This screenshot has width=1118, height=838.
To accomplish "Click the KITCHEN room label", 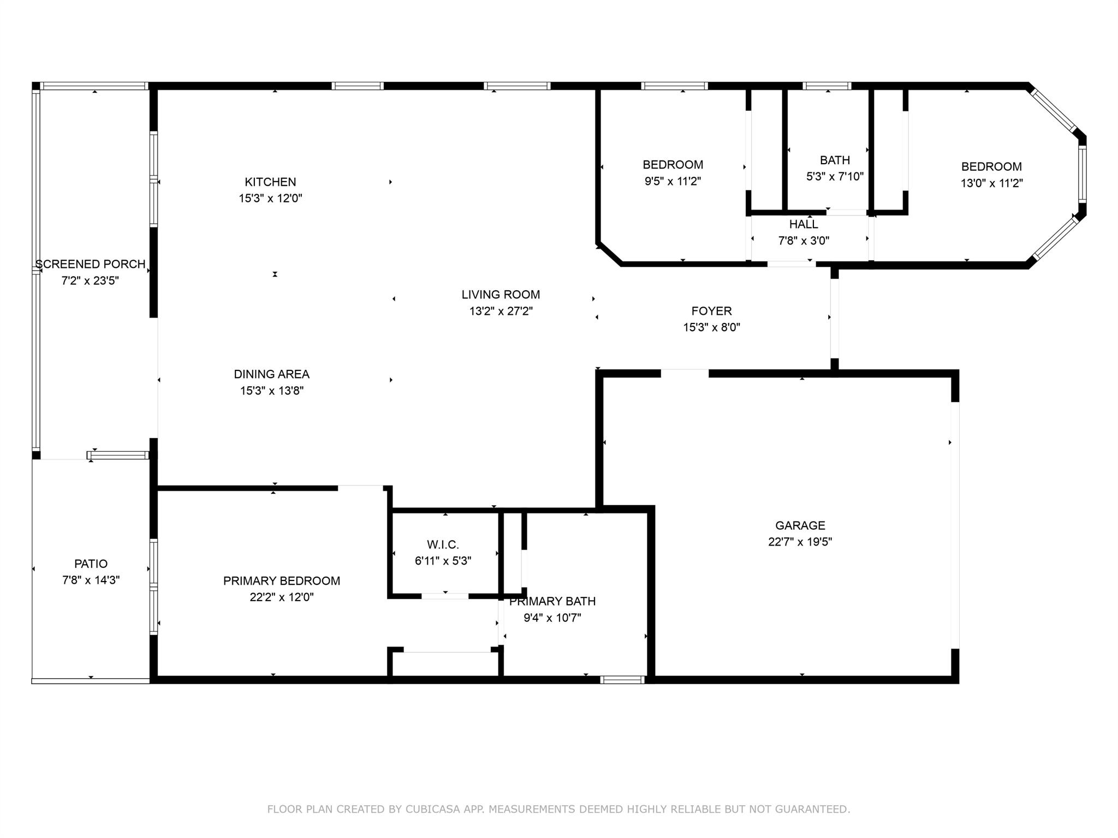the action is pos(270,182).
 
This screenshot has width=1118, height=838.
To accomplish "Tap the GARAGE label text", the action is pos(800,525).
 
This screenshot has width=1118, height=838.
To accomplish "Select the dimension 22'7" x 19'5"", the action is pos(800,542).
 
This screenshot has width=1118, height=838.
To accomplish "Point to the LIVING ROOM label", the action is pos(501,295).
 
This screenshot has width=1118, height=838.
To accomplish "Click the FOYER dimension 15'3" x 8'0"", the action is pos(711,327).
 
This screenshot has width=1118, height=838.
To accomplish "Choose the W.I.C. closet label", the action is pos(443,544).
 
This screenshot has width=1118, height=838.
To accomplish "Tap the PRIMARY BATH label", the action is pos(552,601).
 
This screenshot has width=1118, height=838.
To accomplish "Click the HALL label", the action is pos(804,224).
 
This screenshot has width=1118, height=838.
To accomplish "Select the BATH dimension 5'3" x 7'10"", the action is pos(835,177).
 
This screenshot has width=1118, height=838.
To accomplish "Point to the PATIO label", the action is pos(91,564).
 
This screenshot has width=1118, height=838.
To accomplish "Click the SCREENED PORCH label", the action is pos(91,264).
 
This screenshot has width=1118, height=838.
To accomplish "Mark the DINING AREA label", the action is pos(271,374).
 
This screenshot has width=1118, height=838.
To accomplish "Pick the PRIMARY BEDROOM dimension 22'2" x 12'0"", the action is pos(282,597).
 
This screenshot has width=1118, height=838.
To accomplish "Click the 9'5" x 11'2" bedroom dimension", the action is pos(673,181).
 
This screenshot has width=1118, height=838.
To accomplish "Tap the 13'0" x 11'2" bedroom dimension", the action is pos(991,183).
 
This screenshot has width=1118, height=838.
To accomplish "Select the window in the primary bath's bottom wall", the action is pos(622,680).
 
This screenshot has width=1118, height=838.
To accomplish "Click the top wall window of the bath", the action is pos(826,86).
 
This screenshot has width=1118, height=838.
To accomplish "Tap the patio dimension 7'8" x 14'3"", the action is pos(91,580).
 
